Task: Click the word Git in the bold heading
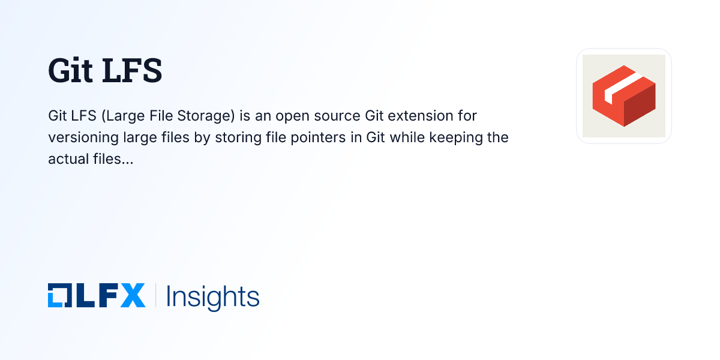pos(70,71)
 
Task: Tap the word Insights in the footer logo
pos(212,296)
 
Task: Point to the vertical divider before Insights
pos(156,296)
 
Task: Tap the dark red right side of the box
pos(640,106)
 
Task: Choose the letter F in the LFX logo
pos(107,296)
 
